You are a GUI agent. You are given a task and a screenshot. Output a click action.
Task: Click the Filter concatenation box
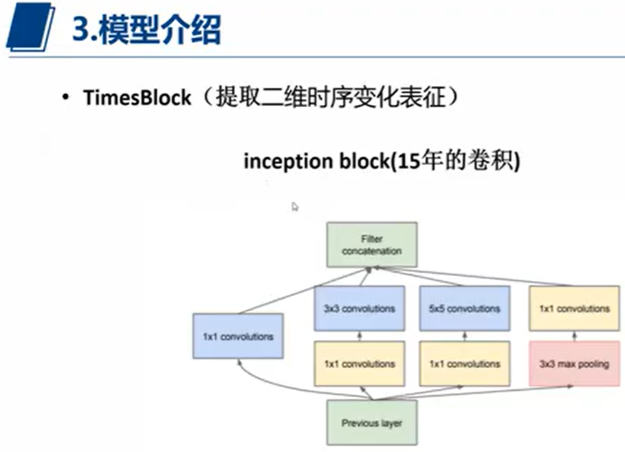click(371, 245)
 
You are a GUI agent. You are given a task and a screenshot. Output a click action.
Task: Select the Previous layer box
click(371, 422)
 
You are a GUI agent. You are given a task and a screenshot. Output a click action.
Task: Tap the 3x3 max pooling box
click(573, 363)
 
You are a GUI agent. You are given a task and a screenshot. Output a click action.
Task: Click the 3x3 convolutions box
click(359, 308)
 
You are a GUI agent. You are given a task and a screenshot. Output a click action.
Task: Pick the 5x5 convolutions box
click(464, 308)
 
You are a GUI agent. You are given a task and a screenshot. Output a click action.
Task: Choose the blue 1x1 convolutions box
click(238, 336)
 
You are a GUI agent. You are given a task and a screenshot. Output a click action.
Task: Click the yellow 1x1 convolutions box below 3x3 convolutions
click(359, 363)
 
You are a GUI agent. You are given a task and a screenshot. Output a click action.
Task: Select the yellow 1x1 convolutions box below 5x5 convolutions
click(464, 363)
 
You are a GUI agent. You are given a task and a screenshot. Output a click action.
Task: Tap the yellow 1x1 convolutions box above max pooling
click(573, 308)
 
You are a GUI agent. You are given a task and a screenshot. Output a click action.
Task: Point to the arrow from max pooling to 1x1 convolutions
click(573, 335)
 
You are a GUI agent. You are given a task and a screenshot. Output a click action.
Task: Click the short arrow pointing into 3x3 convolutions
click(359, 335)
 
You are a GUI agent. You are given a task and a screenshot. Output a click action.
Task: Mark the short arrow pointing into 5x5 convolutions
click(464, 335)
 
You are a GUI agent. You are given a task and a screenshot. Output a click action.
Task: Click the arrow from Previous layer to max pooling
click(481, 393)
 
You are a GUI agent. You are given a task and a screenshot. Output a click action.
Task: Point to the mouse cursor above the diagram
click(295, 207)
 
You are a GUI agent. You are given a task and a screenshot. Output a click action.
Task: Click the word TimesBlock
click(137, 98)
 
